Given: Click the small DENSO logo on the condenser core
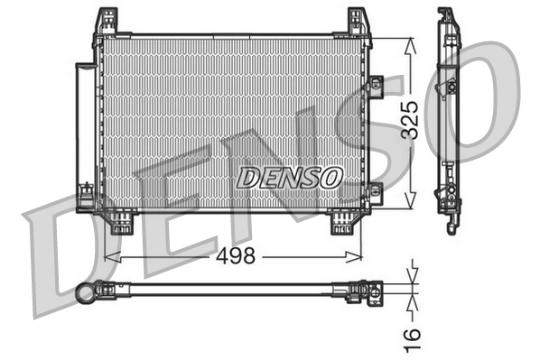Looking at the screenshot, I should pyautogui.click(x=289, y=178).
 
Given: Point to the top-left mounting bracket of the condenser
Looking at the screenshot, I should pyautogui.click(x=107, y=22).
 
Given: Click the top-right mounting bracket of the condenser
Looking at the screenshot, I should pyautogui.click(x=358, y=22).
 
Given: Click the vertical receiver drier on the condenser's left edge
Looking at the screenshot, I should pyautogui.click(x=84, y=135).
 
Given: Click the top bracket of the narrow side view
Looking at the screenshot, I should pyautogui.click(x=447, y=20).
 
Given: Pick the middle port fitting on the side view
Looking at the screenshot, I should pyautogui.click(x=449, y=88).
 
